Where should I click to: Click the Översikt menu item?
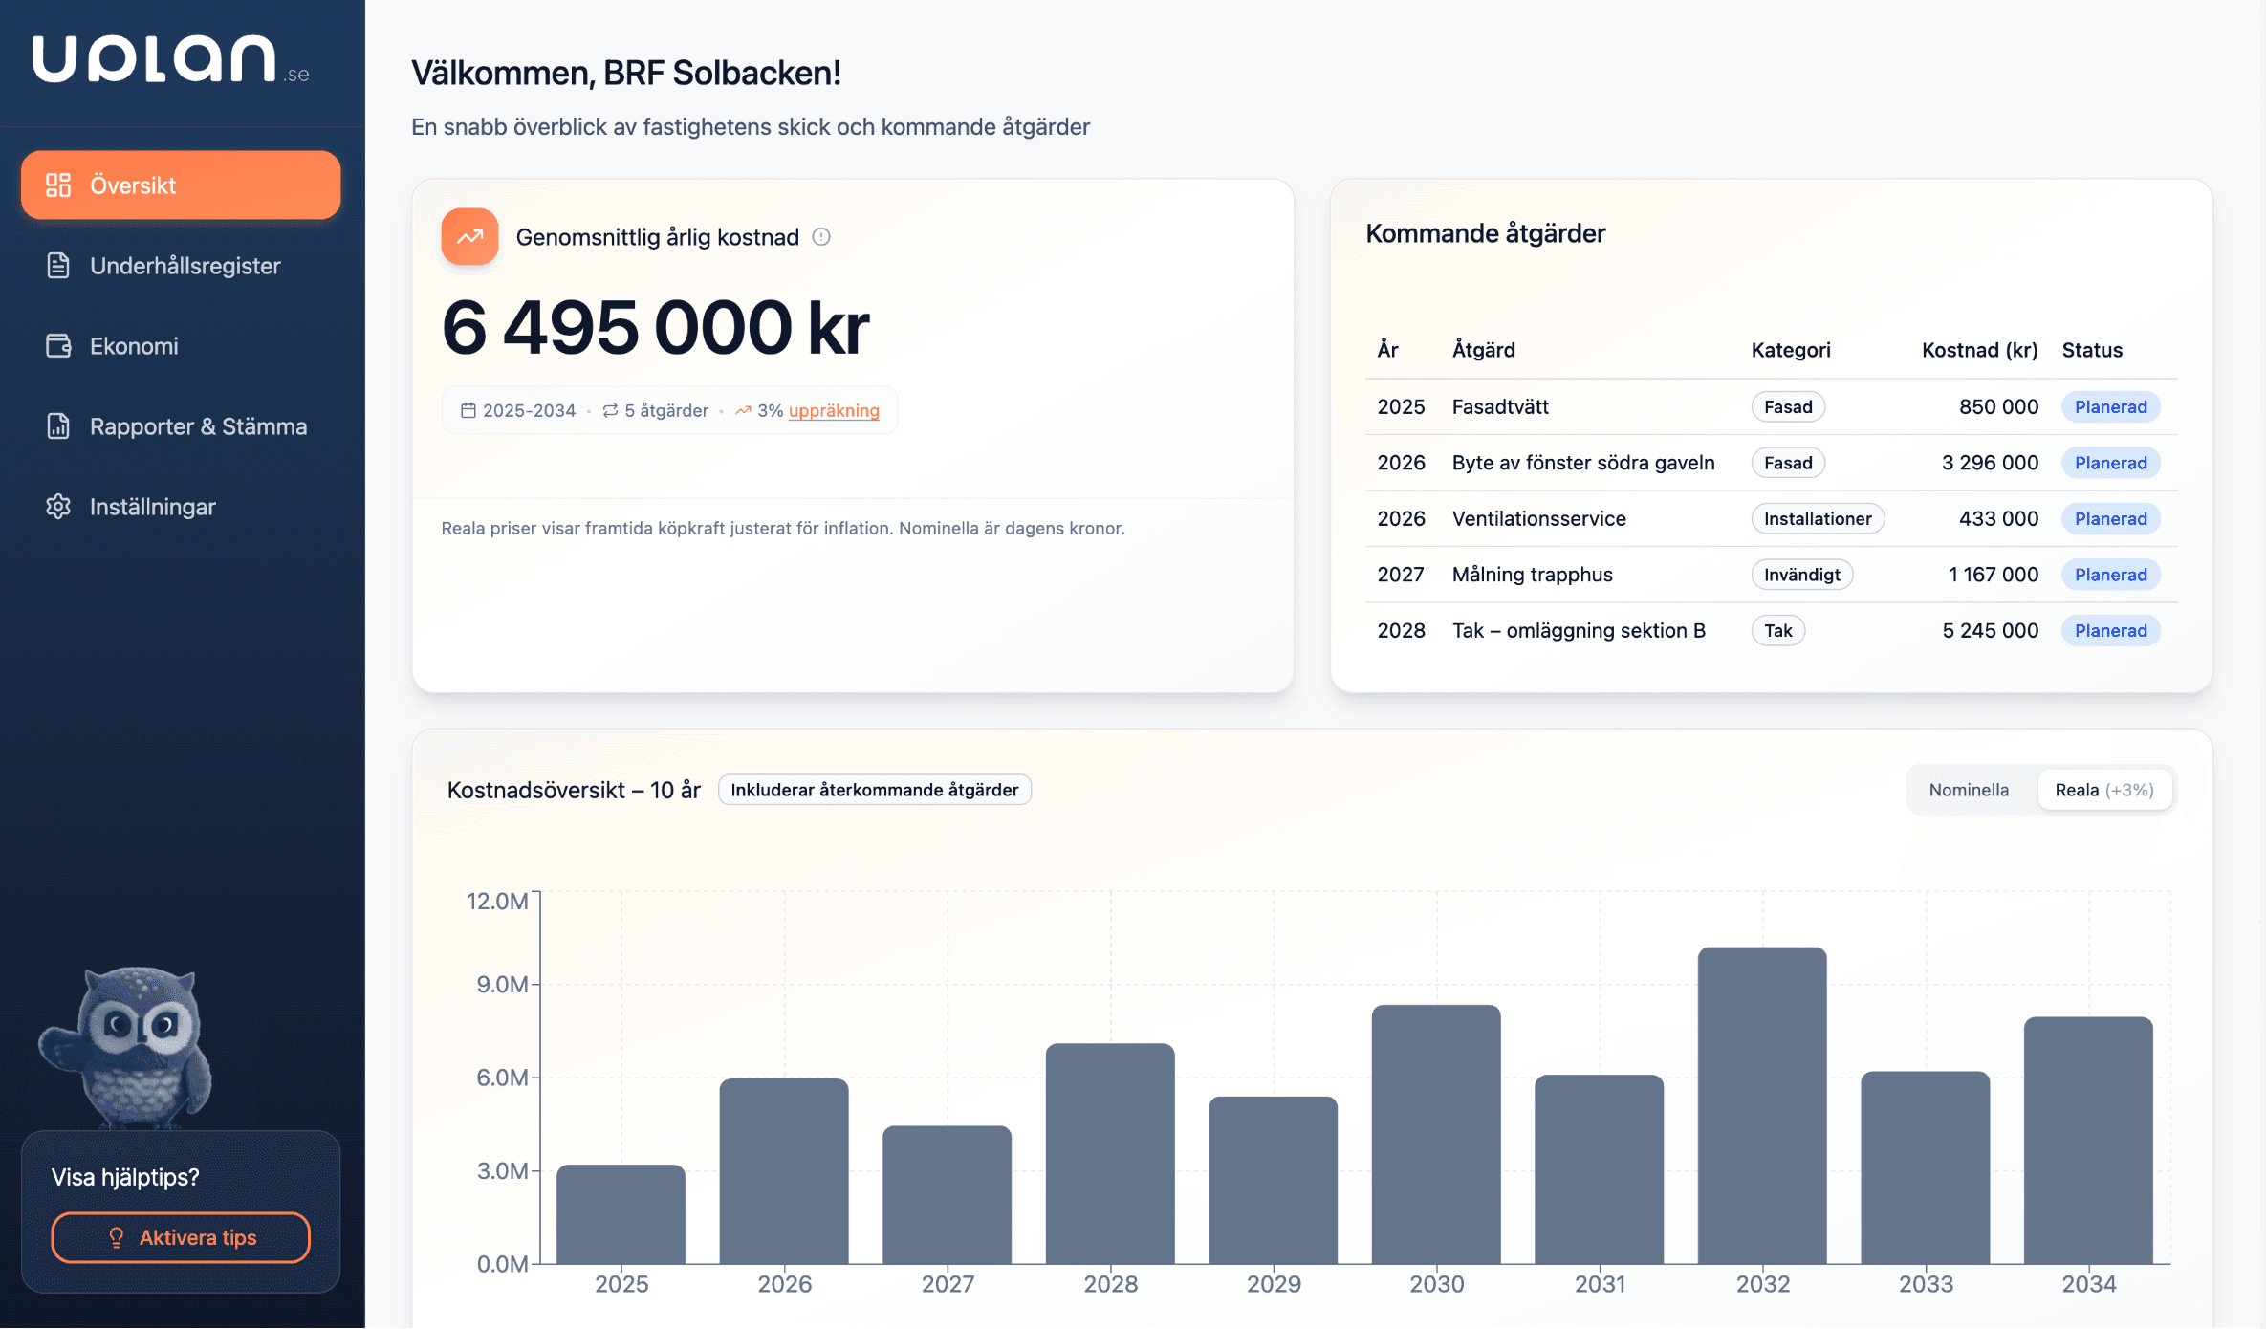pyautogui.click(x=181, y=185)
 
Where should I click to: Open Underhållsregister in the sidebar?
pyautogui.click(x=185, y=266)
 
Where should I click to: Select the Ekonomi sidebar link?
pyautogui.click(x=134, y=346)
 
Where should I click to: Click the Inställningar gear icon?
pyautogui.click(x=58, y=507)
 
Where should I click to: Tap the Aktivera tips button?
pyautogui.click(x=181, y=1237)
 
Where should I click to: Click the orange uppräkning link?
pyautogui.click(x=833, y=410)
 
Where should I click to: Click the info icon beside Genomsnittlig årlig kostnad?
pyautogui.click(x=821, y=237)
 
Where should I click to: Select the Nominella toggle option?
pyautogui.click(x=1968, y=790)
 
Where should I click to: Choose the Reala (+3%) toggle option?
pyautogui.click(x=2103, y=790)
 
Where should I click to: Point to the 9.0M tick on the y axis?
pyautogui.click(x=502, y=985)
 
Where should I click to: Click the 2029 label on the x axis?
pyautogui.click(x=1273, y=1284)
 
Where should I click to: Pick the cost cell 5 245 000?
pyautogui.click(x=1990, y=630)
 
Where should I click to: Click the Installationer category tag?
pyautogui.click(x=1817, y=518)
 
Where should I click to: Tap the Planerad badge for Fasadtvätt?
pyautogui.click(x=2110, y=406)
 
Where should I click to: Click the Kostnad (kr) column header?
pyautogui.click(x=1978, y=350)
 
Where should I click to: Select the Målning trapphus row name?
pyautogui.click(x=1532, y=575)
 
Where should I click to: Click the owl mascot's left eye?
pyautogui.click(x=120, y=1025)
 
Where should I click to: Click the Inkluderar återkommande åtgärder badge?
pyautogui.click(x=874, y=790)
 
